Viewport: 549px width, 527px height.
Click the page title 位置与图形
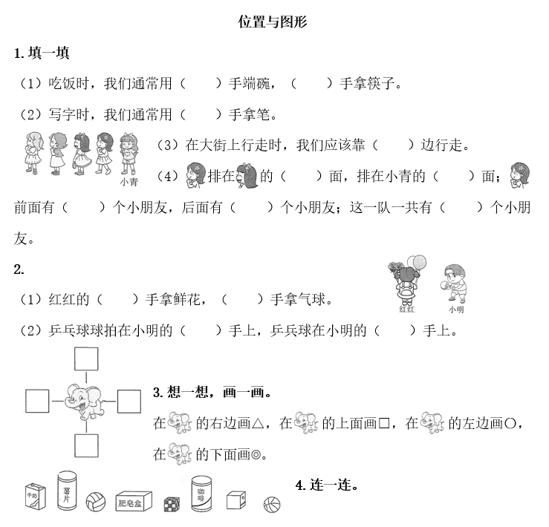pos(273,22)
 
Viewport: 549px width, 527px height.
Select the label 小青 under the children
pos(127,180)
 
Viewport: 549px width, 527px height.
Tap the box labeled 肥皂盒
pos(134,503)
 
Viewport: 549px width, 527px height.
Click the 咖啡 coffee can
pos(201,494)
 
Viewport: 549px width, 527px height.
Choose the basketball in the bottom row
pos(272,505)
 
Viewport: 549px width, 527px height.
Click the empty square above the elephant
pos(86,359)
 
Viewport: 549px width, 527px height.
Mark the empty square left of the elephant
pos(37,401)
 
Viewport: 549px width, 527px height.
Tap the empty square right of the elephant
pos(129,401)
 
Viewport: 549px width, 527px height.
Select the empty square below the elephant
pos(86,446)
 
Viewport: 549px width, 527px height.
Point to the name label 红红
pos(406,309)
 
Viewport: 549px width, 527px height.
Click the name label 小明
pos(456,309)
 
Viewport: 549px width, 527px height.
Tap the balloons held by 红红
pos(418,262)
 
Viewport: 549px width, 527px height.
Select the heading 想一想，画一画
pos(211,392)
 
